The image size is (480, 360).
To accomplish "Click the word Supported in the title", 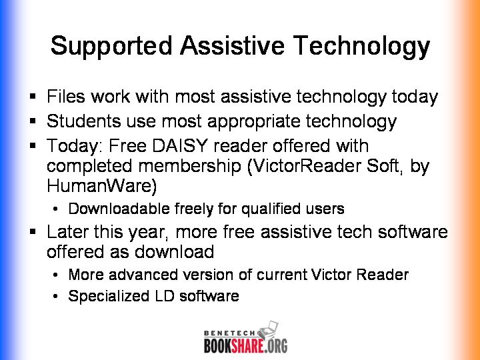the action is (111, 46).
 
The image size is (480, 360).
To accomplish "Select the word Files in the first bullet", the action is (66, 97).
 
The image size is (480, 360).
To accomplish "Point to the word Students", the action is (83, 121).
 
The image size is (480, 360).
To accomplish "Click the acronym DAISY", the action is (180, 145).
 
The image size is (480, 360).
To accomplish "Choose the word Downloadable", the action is (119, 209).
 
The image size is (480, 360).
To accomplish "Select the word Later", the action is (67, 232).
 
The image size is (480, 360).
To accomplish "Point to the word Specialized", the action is (109, 296).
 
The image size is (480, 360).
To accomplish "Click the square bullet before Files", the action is (33, 97).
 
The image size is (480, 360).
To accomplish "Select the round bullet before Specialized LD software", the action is (55, 296).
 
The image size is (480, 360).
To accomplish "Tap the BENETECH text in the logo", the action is (229, 333).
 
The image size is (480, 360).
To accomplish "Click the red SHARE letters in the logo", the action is (247, 345).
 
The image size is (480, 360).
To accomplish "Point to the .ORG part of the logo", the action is (276, 345).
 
